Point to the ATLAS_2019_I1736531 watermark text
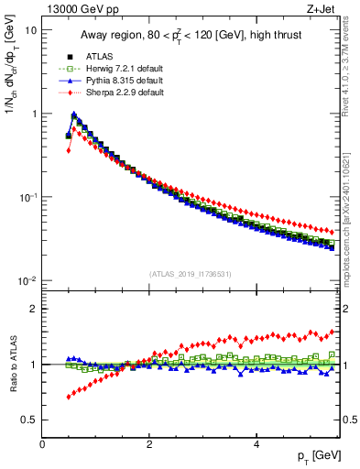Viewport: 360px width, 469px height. point(191,273)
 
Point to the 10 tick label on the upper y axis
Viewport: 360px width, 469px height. point(29,30)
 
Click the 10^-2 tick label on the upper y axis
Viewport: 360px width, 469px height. point(27,281)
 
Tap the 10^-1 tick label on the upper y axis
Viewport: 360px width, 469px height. point(27,198)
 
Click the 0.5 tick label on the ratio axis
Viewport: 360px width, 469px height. point(29,420)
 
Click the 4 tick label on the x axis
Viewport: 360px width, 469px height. point(256,443)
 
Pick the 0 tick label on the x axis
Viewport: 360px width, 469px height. point(42,443)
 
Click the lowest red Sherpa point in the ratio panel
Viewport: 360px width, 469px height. point(68,397)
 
